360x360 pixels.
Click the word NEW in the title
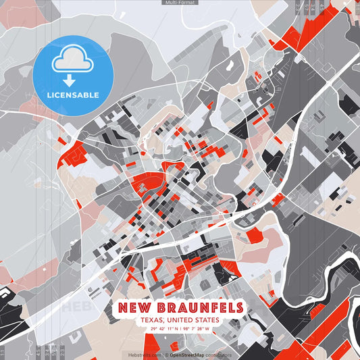[x=134, y=308]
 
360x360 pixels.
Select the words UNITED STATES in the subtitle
[x=196, y=320]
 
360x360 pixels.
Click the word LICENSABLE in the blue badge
[x=73, y=95]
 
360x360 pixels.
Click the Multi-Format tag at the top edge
[x=180, y=3]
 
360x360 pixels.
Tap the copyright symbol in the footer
[x=166, y=354]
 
